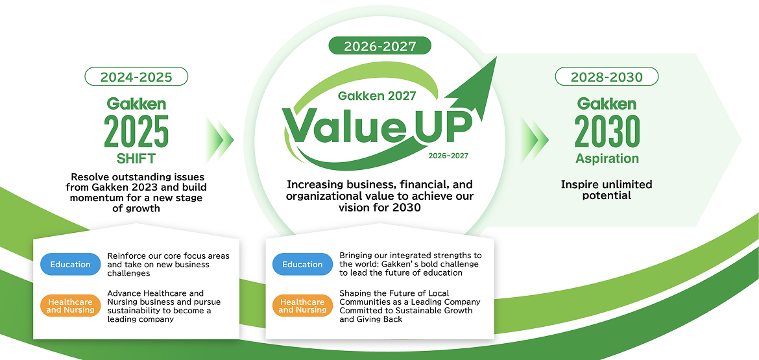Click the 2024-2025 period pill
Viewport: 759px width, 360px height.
pyautogui.click(x=136, y=77)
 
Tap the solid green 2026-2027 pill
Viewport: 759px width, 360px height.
pyautogui.click(x=380, y=46)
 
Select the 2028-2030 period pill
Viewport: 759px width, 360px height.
pyautogui.click(x=607, y=77)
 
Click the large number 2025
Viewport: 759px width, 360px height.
pyautogui.click(x=136, y=131)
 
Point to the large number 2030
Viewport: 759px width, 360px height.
pyautogui.click(x=607, y=131)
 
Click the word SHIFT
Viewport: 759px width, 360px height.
pyautogui.click(x=136, y=159)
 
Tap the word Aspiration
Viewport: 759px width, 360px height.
pyautogui.click(x=607, y=158)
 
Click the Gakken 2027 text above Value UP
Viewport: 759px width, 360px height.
pyautogui.click(x=377, y=96)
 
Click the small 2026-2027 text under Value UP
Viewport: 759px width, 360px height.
pyautogui.click(x=448, y=156)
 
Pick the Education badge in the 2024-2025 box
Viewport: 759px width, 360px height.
pyautogui.click(x=70, y=264)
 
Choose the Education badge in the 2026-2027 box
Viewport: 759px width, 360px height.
pyautogui.click(x=302, y=264)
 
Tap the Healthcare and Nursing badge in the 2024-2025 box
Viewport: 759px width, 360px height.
pyautogui.click(x=70, y=306)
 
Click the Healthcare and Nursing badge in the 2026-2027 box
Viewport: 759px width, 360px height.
pyautogui.click(x=302, y=306)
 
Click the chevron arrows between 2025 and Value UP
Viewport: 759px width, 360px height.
pyautogui.click(x=220, y=140)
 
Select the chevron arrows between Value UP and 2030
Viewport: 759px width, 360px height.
pyautogui.click(x=535, y=140)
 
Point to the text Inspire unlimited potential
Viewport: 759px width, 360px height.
pyautogui.click(x=607, y=189)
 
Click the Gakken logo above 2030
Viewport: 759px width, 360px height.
pyautogui.click(x=607, y=104)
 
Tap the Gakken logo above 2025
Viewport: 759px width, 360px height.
pyautogui.click(x=136, y=104)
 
